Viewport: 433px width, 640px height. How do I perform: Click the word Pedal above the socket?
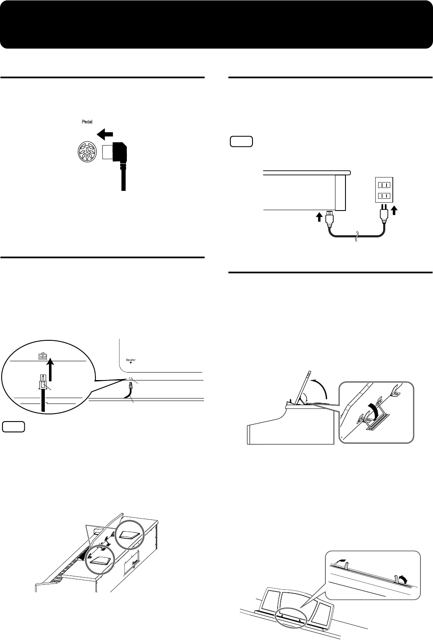tap(87, 122)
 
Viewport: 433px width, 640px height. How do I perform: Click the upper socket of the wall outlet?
tap(383, 184)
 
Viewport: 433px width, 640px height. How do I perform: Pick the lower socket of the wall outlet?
tap(383, 196)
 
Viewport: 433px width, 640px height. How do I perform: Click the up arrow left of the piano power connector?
tap(320, 217)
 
